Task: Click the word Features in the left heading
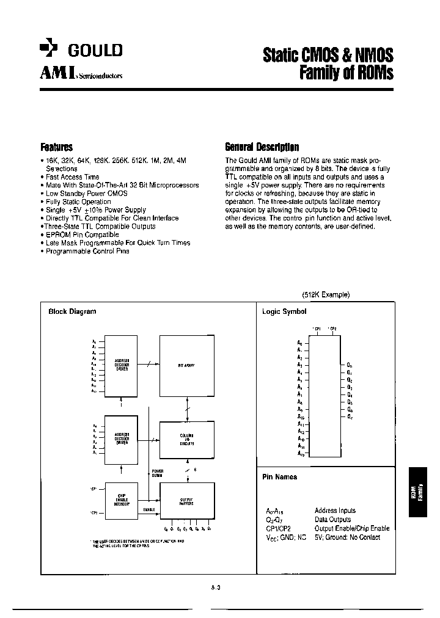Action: (x=56, y=147)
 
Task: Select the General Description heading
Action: (x=262, y=147)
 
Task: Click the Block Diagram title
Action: (x=72, y=311)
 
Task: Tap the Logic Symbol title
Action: (x=284, y=311)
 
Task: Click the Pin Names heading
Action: (x=279, y=477)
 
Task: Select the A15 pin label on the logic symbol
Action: (x=300, y=453)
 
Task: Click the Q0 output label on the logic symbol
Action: (x=349, y=365)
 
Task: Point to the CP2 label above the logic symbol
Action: (x=332, y=329)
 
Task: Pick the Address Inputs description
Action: (x=335, y=511)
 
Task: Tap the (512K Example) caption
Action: (x=325, y=294)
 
